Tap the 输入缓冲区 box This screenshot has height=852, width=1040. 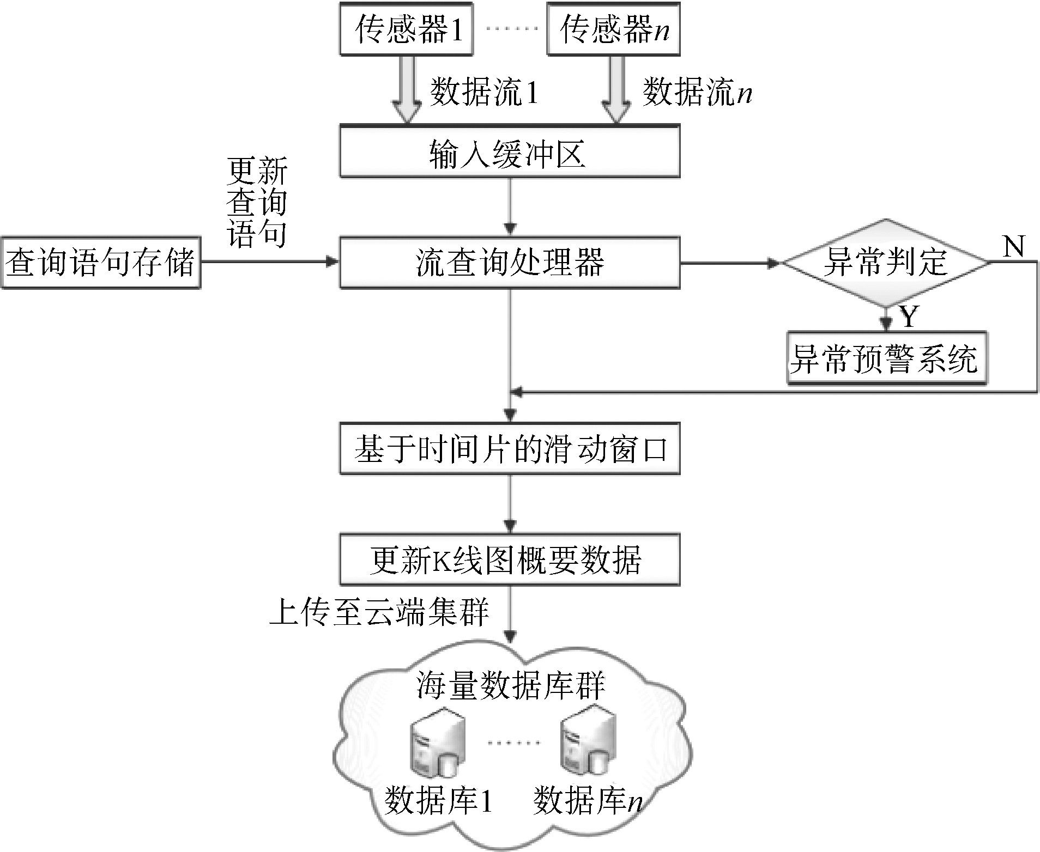(510, 151)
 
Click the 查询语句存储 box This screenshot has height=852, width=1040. (101, 263)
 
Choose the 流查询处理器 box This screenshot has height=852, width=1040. (510, 263)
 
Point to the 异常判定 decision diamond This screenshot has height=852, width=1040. (886, 263)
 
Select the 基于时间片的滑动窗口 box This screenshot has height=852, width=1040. (510, 449)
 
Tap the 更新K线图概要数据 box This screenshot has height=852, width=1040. (510, 560)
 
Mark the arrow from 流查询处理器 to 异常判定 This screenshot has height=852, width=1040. (730, 263)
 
